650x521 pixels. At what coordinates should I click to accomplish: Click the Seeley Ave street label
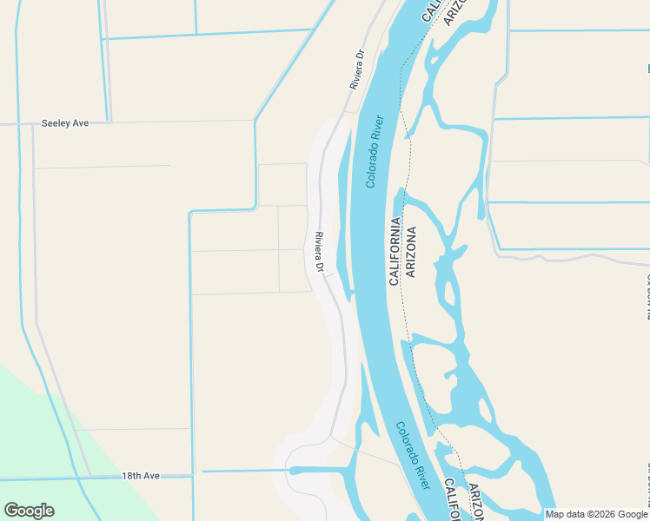[65, 123]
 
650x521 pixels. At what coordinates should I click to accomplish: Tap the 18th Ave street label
[141, 476]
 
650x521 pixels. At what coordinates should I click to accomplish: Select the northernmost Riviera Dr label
[356, 70]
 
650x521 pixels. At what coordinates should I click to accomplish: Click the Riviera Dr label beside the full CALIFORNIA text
[319, 253]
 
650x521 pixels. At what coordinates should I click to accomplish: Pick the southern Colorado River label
[414, 455]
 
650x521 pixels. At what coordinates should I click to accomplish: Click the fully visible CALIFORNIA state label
[395, 252]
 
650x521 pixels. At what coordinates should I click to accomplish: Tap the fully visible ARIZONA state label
[411, 252]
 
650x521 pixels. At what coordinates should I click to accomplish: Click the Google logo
[29, 511]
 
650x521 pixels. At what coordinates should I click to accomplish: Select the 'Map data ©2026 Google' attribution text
[597, 514]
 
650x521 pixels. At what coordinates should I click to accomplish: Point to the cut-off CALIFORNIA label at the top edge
[432, 10]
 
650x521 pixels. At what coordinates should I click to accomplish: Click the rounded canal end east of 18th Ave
[294, 471]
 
